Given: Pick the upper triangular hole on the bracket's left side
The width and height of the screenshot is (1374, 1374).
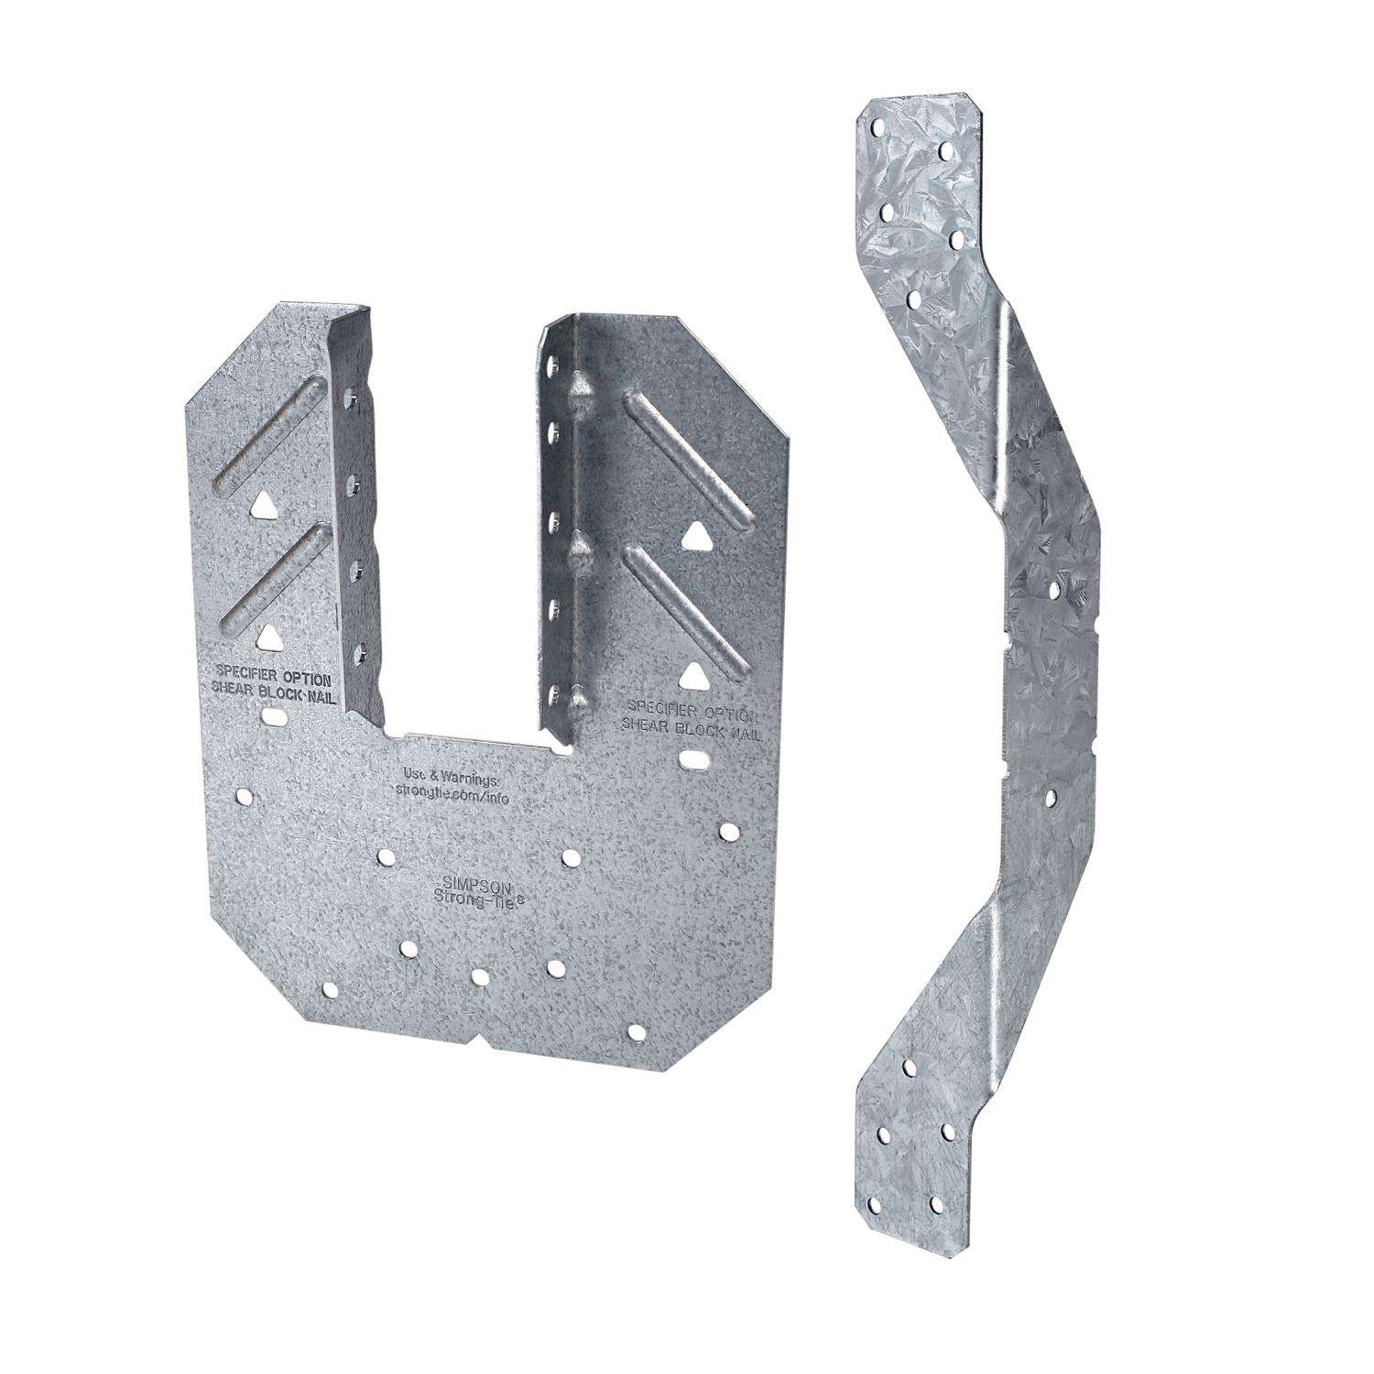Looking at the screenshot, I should click(263, 504).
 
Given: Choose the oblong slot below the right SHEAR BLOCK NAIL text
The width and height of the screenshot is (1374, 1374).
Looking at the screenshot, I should click(695, 759).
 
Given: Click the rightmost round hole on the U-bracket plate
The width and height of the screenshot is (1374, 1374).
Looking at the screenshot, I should click(730, 832).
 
